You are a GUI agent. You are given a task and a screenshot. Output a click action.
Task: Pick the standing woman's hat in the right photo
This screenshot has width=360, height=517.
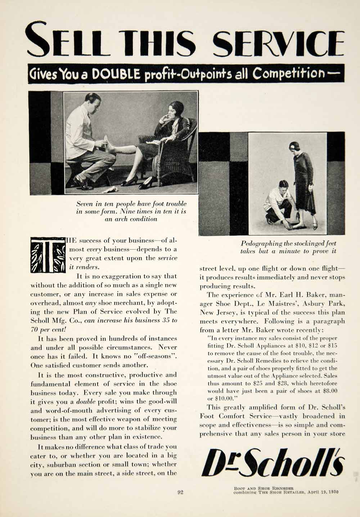coord(293,146)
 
